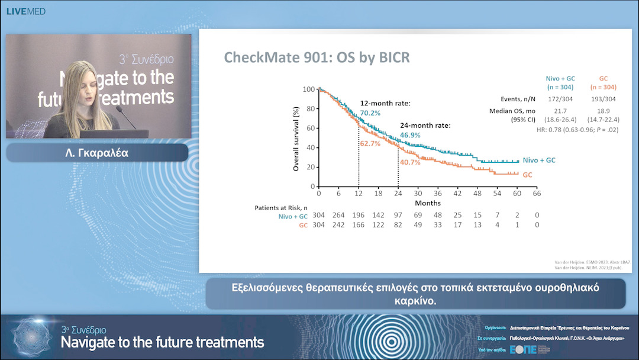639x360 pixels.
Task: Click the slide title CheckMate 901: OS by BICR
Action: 317,57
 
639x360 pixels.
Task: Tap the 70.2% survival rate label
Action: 370,113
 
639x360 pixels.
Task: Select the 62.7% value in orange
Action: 370,144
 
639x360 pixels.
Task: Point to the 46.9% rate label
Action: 410,135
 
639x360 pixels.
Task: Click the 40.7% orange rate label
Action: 409,162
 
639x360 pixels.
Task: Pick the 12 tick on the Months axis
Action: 359,194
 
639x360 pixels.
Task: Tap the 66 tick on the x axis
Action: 537,194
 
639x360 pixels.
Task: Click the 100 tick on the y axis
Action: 309,89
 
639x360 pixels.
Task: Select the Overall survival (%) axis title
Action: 296,139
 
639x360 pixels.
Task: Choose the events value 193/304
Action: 603,99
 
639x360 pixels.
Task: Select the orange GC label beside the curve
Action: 527,175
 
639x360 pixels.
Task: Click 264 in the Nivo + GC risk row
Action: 339,216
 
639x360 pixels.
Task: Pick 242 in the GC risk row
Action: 339,225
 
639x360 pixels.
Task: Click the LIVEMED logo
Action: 25,11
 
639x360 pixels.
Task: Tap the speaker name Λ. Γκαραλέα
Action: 97,153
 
